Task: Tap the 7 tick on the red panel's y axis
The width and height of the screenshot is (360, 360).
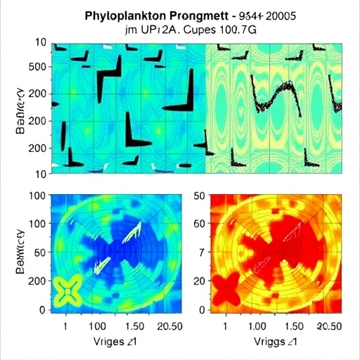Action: click(200, 252)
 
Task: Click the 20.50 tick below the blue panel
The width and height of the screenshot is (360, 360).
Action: click(169, 327)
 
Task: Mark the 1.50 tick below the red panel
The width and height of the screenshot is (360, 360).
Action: click(290, 327)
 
